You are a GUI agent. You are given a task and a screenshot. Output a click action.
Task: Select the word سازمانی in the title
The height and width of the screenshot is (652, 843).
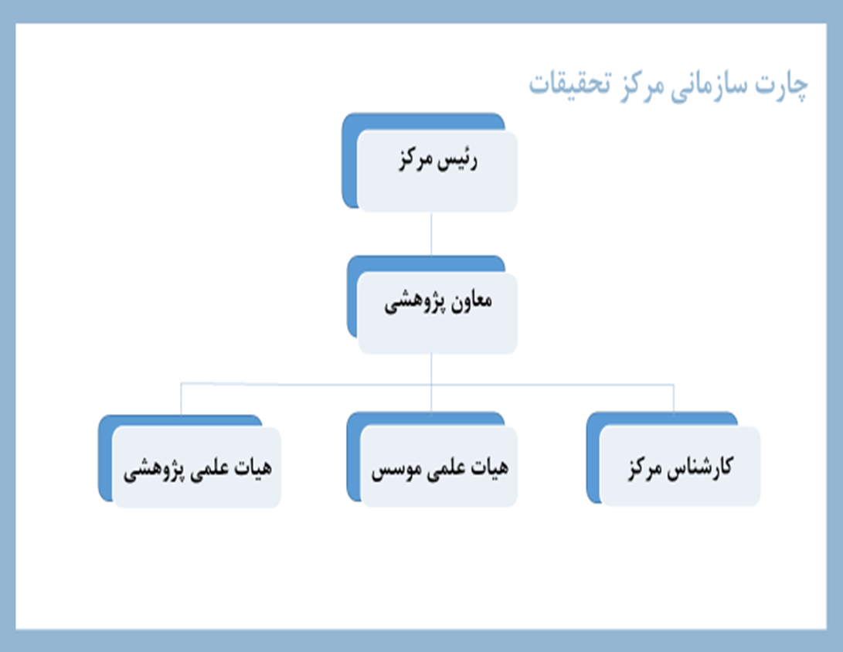click(x=708, y=86)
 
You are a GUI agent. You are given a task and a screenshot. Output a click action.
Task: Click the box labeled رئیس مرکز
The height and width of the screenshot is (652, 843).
click(x=437, y=171)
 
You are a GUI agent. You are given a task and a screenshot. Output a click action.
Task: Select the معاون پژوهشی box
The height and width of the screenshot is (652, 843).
click(x=437, y=313)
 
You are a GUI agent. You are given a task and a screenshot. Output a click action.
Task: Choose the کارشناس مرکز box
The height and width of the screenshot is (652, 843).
click(x=679, y=466)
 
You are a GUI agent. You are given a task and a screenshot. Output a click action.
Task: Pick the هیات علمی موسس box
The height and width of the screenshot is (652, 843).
click(x=439, y=467)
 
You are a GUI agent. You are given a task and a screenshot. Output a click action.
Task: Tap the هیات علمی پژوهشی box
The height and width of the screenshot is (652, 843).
click(x=197, y=467)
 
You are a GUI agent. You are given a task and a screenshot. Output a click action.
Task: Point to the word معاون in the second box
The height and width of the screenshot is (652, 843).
click(x=471, y=300)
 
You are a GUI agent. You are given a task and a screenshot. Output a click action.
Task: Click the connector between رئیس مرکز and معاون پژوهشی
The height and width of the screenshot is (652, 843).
click(x=431, y=233)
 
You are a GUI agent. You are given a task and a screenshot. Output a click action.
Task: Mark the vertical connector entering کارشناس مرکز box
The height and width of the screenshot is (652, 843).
click(x=674, y=399)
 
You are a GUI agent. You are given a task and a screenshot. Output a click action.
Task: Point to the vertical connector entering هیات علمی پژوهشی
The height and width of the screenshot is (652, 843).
click(x=181, y=399)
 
